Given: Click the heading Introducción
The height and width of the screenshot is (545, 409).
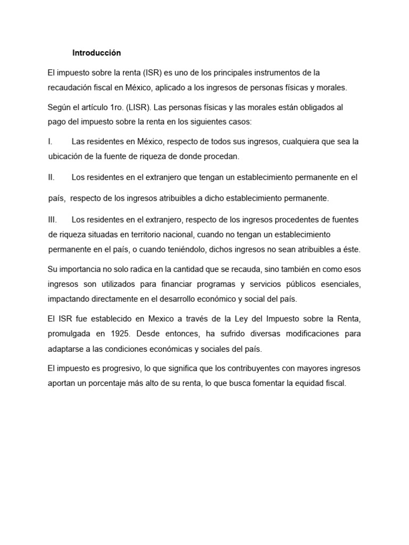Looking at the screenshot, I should coord(96,53).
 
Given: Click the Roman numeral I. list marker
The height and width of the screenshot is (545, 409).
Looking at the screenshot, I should coord(50,142).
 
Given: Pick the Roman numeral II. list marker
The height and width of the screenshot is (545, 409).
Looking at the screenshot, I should coord(51,177).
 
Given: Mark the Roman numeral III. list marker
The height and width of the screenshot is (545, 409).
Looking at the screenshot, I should coord(52,219).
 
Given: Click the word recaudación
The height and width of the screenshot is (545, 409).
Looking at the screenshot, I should coord(72,87).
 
